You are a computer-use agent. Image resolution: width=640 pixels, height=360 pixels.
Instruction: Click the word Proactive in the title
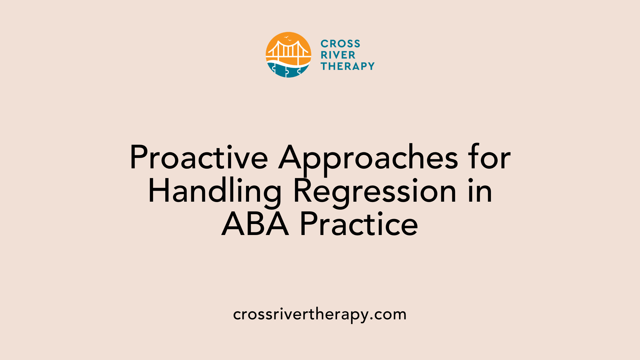tap(199, 157)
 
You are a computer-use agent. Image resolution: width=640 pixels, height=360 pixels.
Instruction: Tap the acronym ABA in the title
tap(255, 224)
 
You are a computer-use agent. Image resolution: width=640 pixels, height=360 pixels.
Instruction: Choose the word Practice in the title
tap(359, 224)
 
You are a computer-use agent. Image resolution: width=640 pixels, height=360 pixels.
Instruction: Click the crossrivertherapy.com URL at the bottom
tap(320, 314)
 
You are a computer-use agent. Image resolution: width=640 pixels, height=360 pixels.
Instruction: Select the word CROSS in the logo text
tap(340, 44)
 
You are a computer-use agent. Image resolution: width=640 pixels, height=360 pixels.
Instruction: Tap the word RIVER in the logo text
tap(338, 55)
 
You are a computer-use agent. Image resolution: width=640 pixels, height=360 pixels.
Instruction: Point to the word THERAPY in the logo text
tap(347, 66)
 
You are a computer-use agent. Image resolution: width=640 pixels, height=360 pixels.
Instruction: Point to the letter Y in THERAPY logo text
tap(371, 66)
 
